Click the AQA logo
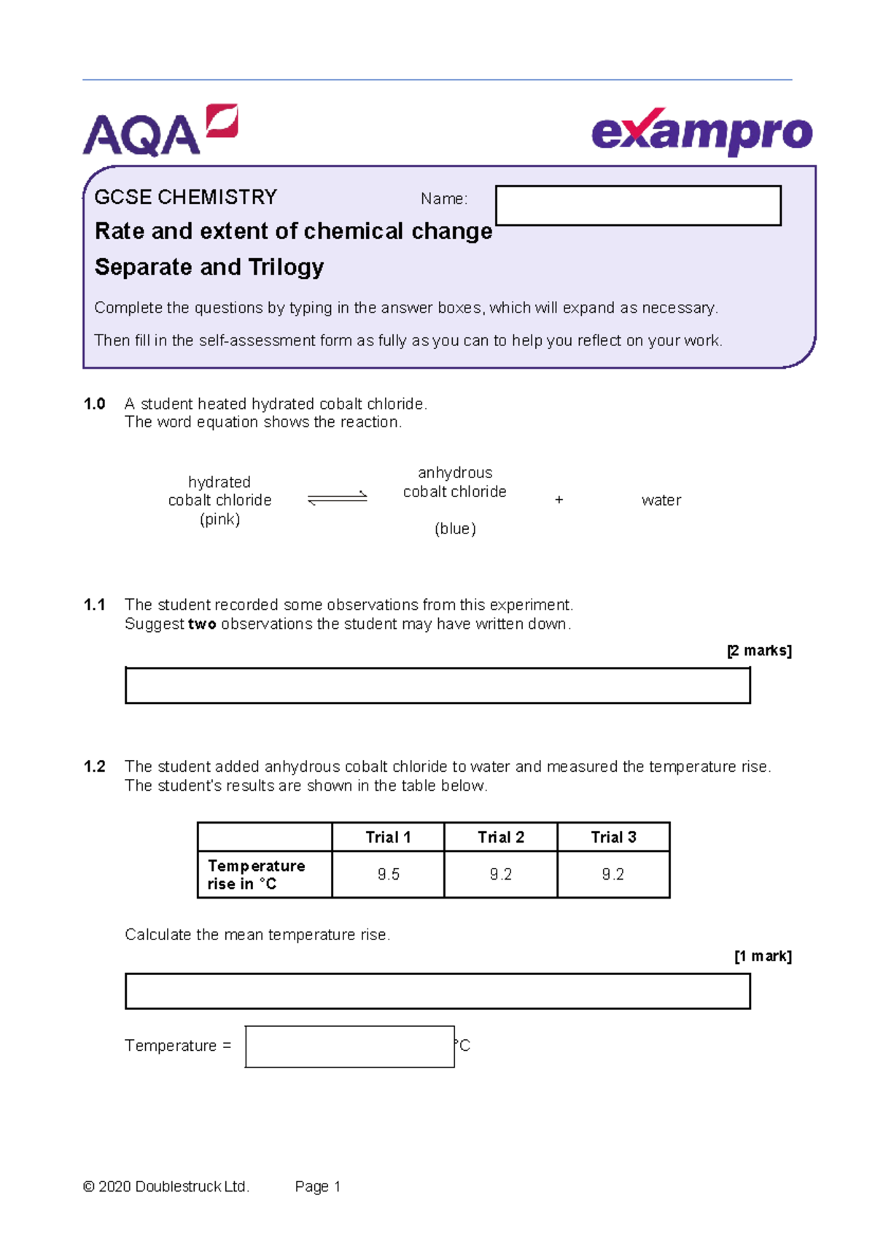pyautogui.click(x=160, y=131)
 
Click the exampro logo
pyautogui.click(x=701, y=133)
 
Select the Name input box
pyautogui.click(x=638, y=206)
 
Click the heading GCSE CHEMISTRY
pyautogui.click(x=186, y=197)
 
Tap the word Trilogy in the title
pyautogui.click(x=286, y=267)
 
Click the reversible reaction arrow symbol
pyautogui.click(x=337, y=499)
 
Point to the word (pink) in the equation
pyautogui.click(x=219, y=520)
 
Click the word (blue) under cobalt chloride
pyautogui.click(x=455, y=529)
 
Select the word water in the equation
pyautogui.click(x=661, y=501)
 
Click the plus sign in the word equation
pyautogui.click(x=559, y=500)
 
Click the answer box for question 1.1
pyautogui.click(x=437, y=686)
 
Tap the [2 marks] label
pyautogui.click(x=759, y=651)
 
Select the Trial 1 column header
pyautogui.click(x=388, y=837)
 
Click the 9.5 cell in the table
pyautogui.click(x=388, y=875)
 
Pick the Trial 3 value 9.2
pyautogui.click(x=612, y=875)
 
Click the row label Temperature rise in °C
pyautogui.click(x=256, y=875)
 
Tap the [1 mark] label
pyautogui.click(x=763, y=956)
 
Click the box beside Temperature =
pyautogui.click(x=350, y=1047)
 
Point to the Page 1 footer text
pyautogui.click(x=317, y=1186)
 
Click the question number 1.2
pyautogui.click(x=95, y=767)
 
